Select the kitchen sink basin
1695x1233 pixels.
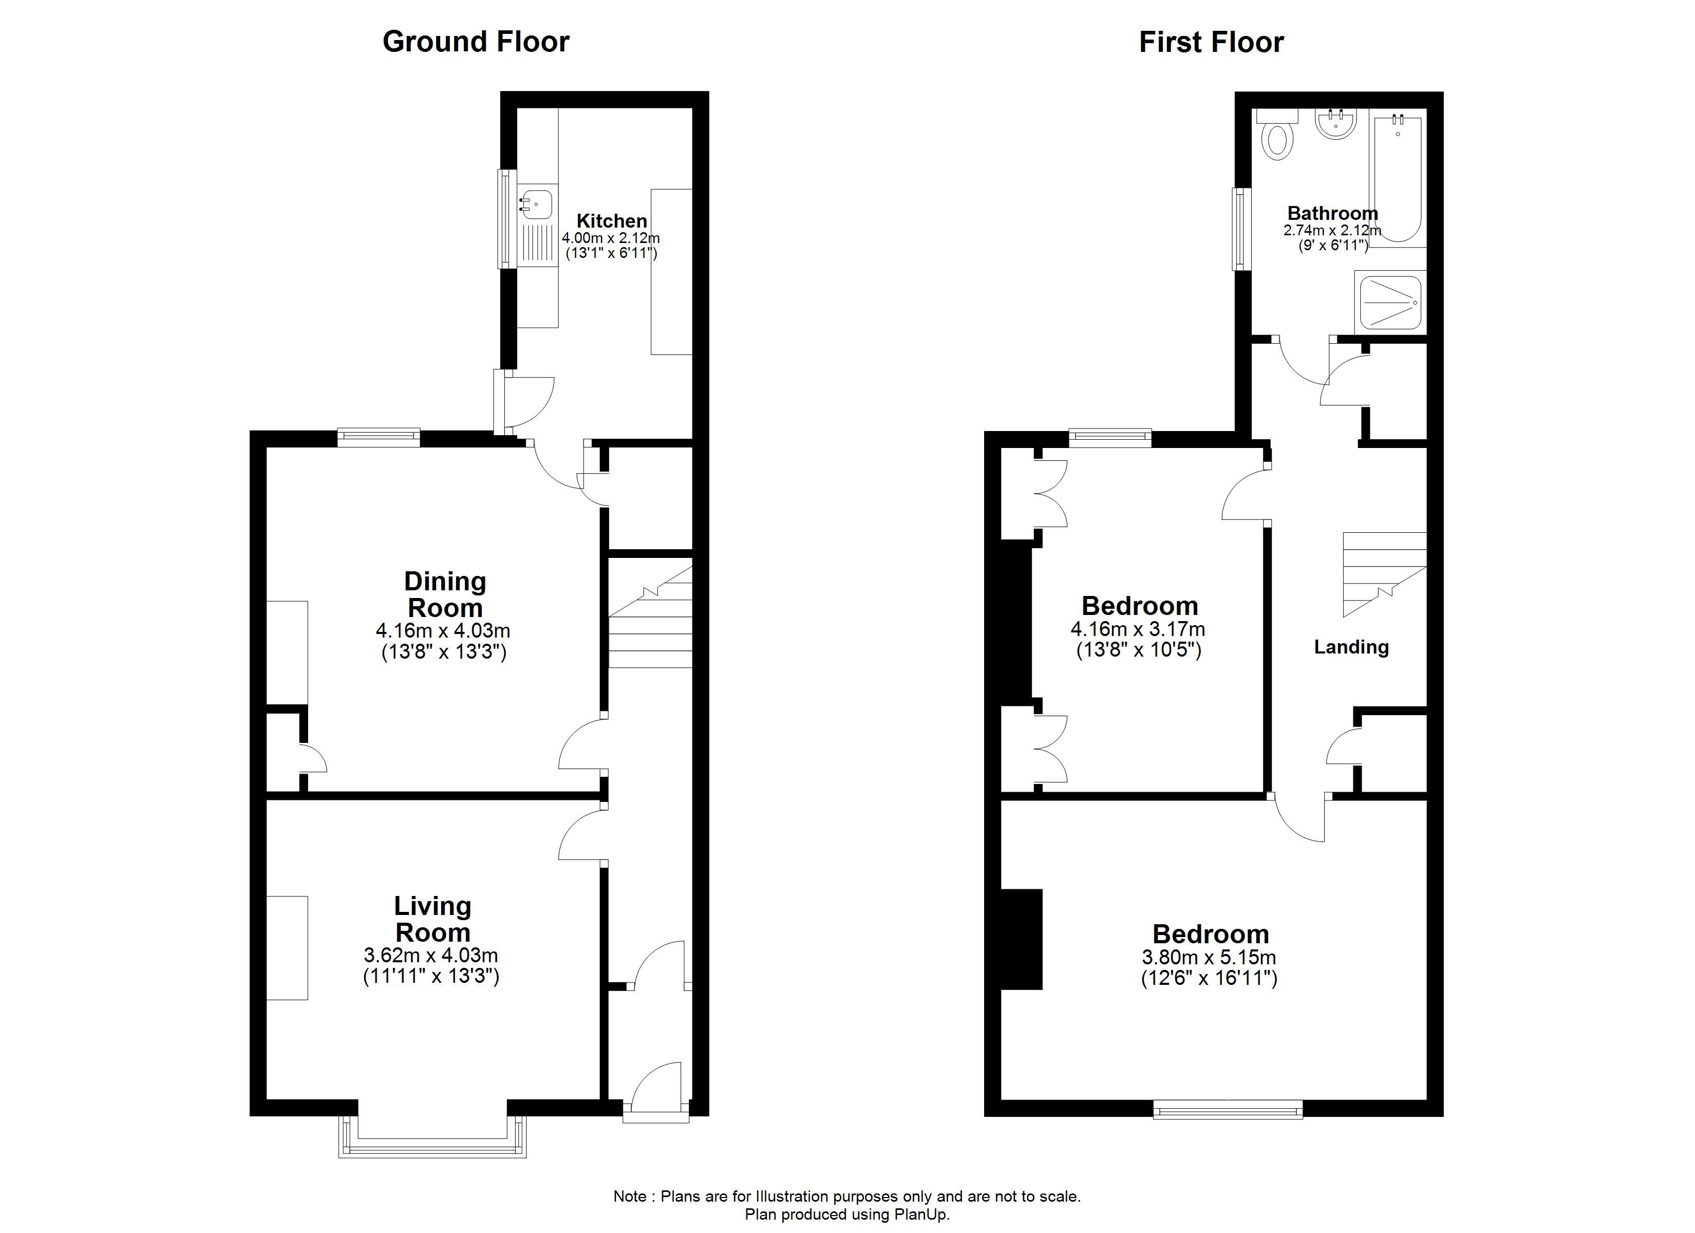(x=537, y=202)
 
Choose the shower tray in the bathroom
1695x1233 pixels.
(x=1390, y=302)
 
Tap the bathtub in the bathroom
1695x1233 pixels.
(x=1398, y=178)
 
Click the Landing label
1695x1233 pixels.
(x=1351, y=647)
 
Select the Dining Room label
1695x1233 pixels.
(x=445, y=594)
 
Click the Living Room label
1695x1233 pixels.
(x=432, y=919)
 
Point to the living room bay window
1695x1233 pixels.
(x=432, y=1137)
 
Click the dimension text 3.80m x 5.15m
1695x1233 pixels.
(x=1209, y=957)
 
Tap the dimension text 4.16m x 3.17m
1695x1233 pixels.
(x=1138, y=629)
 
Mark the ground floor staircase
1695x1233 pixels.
(x=651, y=617)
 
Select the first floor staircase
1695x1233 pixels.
(x=1385, y=574)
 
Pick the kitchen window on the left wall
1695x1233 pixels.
(x=507, y=218)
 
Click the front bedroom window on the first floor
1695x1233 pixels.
(x=1228, y=1110)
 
